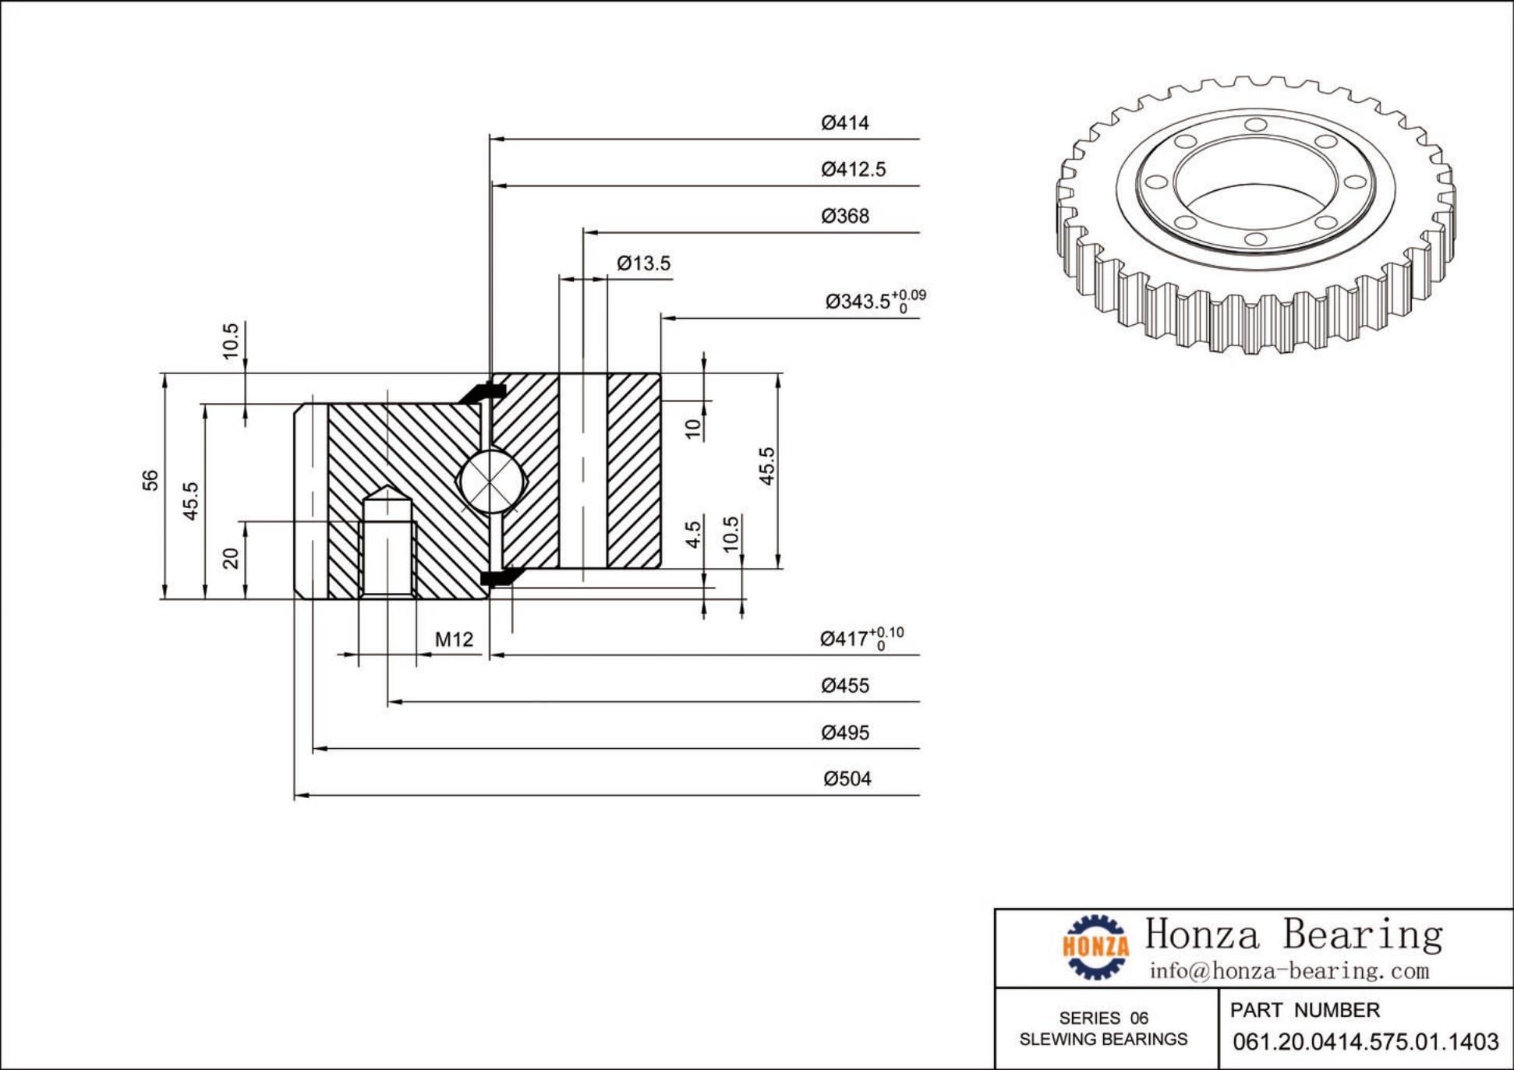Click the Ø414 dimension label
click(x=844, y=123)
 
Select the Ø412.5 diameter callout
click(x=853, y=170)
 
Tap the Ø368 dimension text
click(x=844, y=216)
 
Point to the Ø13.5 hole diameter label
click(x=643, y=263)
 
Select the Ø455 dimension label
click(x=844, y=686)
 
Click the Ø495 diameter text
click(x=844, y=733)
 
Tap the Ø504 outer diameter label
click(x=847, y=779)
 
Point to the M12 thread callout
click(x=454, y=640)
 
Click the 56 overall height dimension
click(x=150, y=480)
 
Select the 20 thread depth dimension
click(x=231, y=558)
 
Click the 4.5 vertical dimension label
click(x=693, y=535)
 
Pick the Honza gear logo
click(x=1095, y=947)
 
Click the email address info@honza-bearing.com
click(x=1289, y=971)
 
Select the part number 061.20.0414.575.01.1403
click(x=1365, y=1042)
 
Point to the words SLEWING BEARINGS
click(x=1103, y=1040)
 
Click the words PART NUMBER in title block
click(x=1304, y=1011)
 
